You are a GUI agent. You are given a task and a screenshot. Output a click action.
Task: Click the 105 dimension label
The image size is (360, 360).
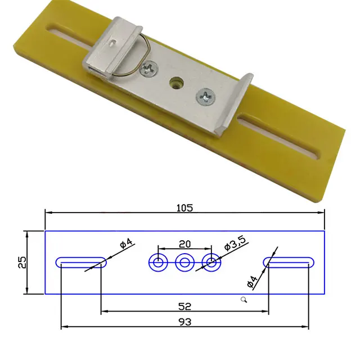(x=184, y=208)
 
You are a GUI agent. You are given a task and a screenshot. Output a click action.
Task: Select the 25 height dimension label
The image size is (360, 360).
(x=21, y=263)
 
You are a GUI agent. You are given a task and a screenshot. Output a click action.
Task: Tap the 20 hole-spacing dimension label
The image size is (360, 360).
(x=184, y=244)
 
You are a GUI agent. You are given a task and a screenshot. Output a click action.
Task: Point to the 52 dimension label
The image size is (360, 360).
(x=184, y=307)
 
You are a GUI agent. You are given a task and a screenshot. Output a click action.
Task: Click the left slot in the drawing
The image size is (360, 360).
(x=81, y=262)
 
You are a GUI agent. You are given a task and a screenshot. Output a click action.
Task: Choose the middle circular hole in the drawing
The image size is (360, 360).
(x=184, y=262)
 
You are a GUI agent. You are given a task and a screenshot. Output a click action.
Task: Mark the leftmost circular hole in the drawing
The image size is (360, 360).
(x=157, y=262)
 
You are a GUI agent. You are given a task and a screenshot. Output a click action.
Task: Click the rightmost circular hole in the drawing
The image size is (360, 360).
(x=211, y=262)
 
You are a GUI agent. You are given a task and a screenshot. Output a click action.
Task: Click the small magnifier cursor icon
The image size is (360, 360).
(x=244, y=300)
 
